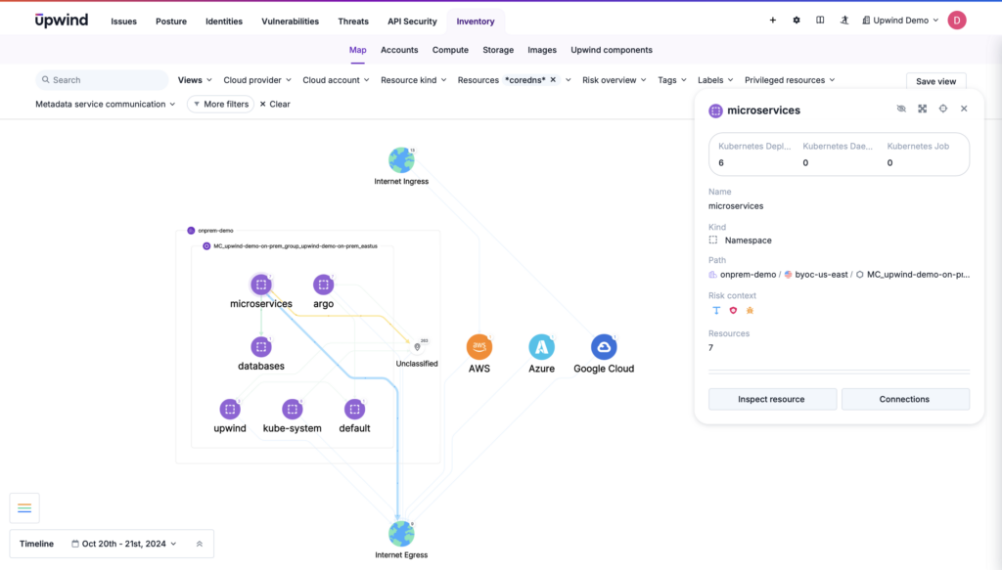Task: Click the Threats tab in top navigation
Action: point(353,21)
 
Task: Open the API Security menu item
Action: point(412,21)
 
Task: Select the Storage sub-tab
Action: point(498,50)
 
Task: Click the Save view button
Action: point(936,81)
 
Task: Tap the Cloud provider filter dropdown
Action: point(257,80)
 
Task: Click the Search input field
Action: point(102,80)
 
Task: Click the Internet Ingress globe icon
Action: point(401,160)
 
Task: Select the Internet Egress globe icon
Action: point(401,534)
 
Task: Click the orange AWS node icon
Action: point(479,347)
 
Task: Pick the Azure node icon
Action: point(541,347)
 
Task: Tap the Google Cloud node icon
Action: point(604,347)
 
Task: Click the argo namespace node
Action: point(324,285)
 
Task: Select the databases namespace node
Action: point(261,347)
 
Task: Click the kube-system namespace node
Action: point(292,410)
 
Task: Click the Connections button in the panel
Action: point(904,399)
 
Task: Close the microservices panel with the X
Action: point(964,109)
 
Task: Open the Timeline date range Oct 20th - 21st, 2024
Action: point(123,544)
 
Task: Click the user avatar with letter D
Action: point(957,20)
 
